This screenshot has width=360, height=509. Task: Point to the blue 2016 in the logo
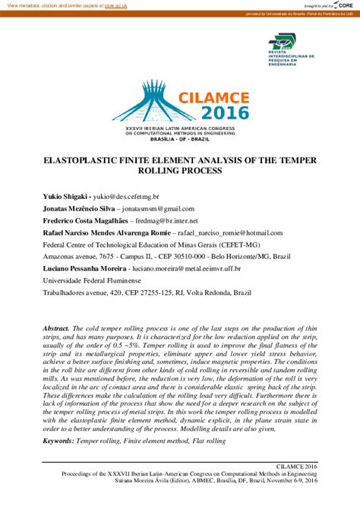225,114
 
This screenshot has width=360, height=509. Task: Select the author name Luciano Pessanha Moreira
84,269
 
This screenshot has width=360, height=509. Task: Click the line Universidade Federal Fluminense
95,281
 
